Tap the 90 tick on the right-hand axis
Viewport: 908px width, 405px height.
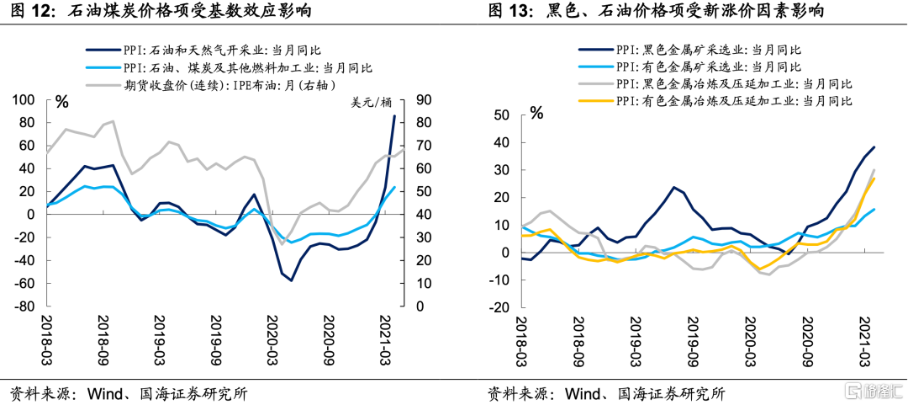(x=420, y=100)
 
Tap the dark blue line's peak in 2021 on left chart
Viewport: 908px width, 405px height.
(x=394, y=116)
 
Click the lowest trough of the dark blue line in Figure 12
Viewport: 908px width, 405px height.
(x=291, y=280)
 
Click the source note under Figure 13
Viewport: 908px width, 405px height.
(x=606, y=393)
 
